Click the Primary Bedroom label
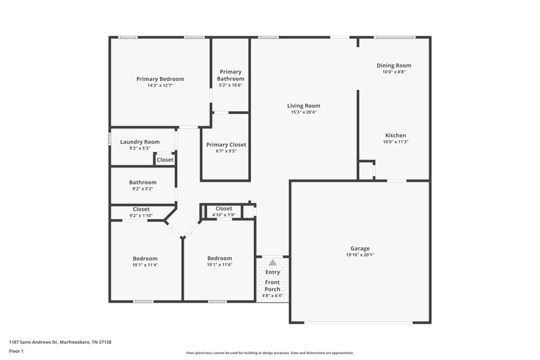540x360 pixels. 160,79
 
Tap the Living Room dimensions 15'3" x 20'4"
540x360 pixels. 303,112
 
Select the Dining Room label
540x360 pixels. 394,66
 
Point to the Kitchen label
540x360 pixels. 396,135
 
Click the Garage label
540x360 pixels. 360,249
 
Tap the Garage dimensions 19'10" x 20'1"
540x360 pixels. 360,255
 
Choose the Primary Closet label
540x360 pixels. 226,145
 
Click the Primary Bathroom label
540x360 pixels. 230,75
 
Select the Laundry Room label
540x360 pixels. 140,142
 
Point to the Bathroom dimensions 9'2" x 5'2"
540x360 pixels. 143,188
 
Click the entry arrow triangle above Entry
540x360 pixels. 272,262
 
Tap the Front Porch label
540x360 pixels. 272,285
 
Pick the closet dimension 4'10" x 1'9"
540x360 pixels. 223,215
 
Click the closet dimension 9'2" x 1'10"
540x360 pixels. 141,215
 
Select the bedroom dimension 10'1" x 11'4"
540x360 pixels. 145,265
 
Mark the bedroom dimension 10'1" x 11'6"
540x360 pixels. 219,265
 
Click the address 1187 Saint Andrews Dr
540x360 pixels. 60,342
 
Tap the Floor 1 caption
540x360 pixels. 16,351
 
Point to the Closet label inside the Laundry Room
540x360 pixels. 165,160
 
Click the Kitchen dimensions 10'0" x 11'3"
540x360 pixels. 396,142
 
